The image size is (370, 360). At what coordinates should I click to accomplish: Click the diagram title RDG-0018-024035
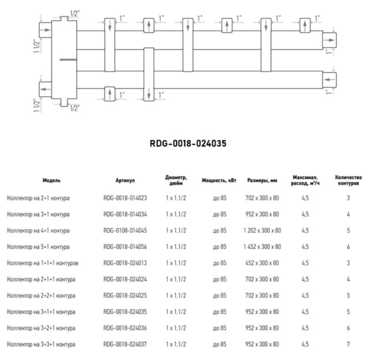coord(184,143)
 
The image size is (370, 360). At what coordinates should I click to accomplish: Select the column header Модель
coord(52,180)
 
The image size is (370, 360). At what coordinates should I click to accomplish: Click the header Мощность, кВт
coord(219,180)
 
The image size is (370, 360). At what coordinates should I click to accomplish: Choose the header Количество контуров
coord(348,180)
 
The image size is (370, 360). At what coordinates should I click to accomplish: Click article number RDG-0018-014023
coord(125,198)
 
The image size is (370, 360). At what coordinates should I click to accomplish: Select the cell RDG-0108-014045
coord(125,230)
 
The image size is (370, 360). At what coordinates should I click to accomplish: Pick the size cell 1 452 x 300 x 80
coord(262,247)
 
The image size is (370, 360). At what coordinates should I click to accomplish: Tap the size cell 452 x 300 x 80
coord(262,263)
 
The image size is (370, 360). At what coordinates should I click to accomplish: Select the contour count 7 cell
coord(348,344)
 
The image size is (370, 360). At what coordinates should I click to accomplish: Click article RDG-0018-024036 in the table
coord(125,328)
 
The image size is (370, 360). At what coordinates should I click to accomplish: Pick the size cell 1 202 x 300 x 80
coord(262,230)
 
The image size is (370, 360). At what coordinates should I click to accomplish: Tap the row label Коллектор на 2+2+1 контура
coord(41,296)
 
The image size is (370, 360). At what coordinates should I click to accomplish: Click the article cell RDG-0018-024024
coord(125,279)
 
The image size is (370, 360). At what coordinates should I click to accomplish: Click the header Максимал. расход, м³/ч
coord(305,180)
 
